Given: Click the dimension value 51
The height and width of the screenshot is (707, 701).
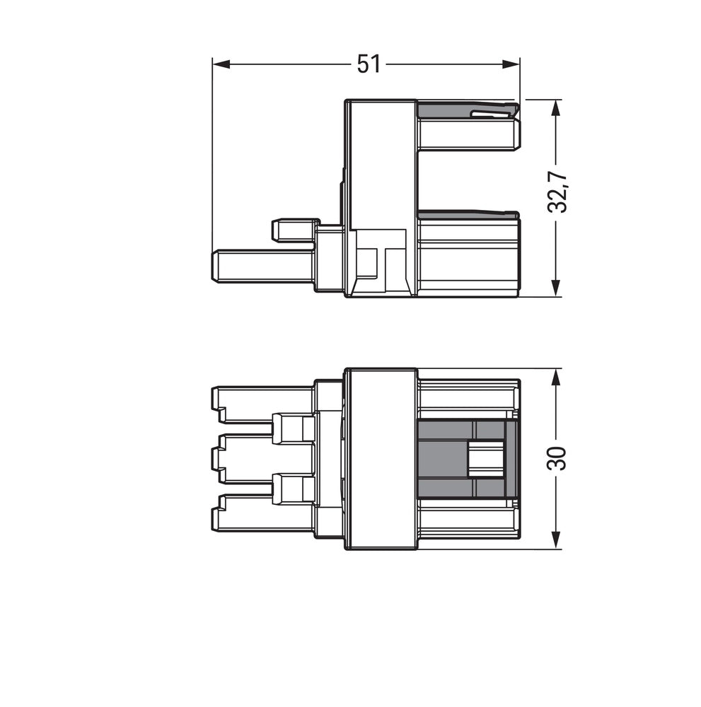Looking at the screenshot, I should point(368,64).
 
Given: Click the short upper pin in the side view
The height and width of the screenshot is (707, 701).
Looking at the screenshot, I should point(293,230).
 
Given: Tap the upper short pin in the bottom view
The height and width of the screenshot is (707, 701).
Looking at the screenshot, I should point(293,429).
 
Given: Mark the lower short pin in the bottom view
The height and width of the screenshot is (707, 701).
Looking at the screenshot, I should point(293,489).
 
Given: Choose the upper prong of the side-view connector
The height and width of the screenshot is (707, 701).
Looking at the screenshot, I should point(467,134).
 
